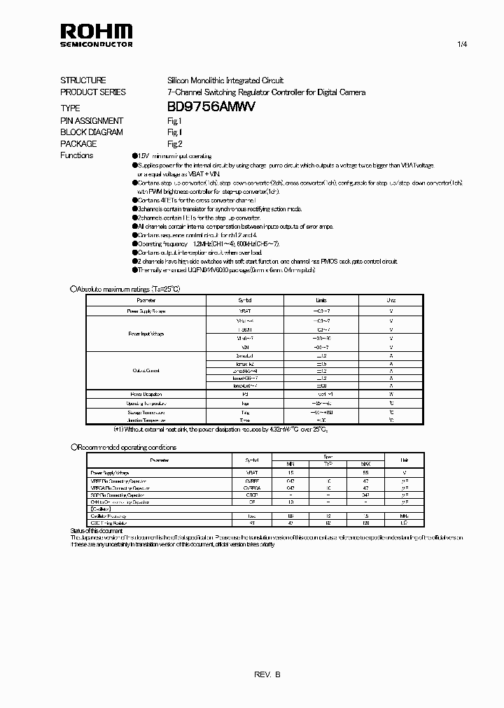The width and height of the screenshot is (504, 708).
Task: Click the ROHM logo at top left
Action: pos(96,34)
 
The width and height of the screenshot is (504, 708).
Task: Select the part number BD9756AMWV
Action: pos(211,107)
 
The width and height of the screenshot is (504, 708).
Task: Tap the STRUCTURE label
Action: pos(83,80)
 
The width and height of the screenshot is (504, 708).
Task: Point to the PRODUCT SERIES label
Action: pos(93,92)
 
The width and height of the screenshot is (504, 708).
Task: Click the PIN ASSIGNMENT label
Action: pos(92,120)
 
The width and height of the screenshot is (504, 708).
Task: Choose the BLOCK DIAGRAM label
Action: pos(92,132)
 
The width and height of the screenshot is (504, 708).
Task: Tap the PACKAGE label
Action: pos(78,143)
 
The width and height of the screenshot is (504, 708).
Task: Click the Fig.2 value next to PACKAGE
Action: pos(174,143)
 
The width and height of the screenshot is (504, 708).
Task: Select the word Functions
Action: pos(77,155)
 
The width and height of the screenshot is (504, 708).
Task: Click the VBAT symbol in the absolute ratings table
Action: pos(244,310)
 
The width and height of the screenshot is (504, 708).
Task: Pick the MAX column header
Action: pos(365,464)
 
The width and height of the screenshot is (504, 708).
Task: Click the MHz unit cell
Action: pos(404,516)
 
